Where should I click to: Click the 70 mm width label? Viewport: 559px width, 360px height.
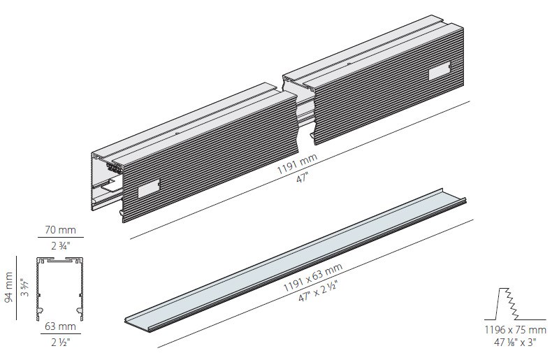click(61, 230)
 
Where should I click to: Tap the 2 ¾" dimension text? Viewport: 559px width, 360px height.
click(61, 246)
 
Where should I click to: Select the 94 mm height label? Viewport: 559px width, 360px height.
click(8, 287)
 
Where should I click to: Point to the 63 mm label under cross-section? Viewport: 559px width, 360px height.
click(60, 326)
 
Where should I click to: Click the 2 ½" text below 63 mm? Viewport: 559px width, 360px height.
click(60, 343)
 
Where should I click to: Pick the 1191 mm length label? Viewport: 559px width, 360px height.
click(298, 164)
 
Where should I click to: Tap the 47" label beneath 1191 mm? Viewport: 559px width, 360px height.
click(302, 178)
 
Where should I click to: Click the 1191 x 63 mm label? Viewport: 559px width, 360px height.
click(312, 278)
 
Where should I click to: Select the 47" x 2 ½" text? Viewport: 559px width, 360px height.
click(318, 291)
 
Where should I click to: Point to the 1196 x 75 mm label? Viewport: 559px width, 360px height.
click(515, 330)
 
